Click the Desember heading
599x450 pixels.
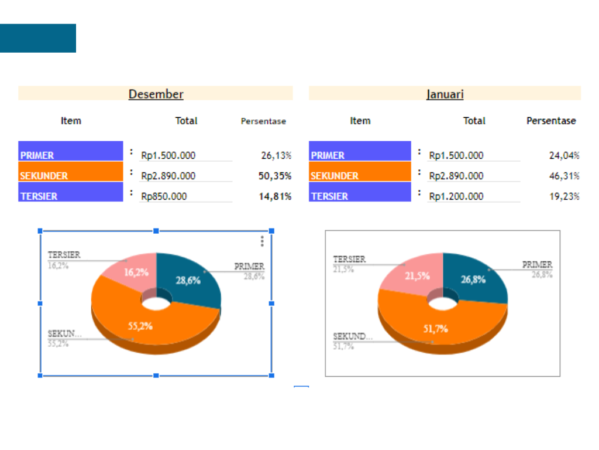click(x=156, y=94)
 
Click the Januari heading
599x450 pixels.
click(x=445, y=94)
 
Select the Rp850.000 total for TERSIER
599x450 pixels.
click(x=164, y=196)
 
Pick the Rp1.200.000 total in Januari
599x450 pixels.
click(x=456, y=196)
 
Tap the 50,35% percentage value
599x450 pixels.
click(x=275, y=176)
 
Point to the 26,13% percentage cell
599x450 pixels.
click(x=276, y=155)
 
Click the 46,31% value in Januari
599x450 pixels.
click(x=564, y=176)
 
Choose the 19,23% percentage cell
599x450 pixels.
click(x=564, y=196)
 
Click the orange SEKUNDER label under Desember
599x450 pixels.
click(x=70, y=175)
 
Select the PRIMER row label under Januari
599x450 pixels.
click(x=360, y=155)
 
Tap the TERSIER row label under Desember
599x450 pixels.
click(x=70, y=196)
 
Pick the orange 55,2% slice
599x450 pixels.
click(x=140, y=325)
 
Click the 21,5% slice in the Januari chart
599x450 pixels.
click(x=416, y=275)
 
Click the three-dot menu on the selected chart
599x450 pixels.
click(x=262, y=241)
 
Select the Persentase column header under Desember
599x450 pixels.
click(x=263, y=121)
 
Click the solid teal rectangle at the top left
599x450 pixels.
click(x=38, y=38)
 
